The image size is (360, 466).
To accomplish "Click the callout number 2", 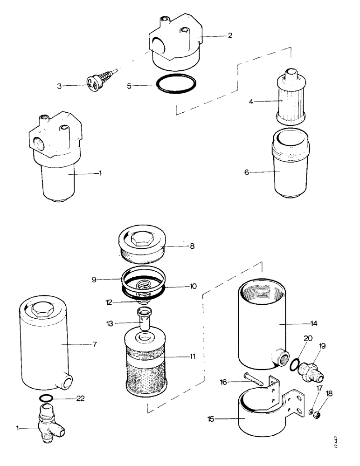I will pyautogui.click(x=230, y=35).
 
